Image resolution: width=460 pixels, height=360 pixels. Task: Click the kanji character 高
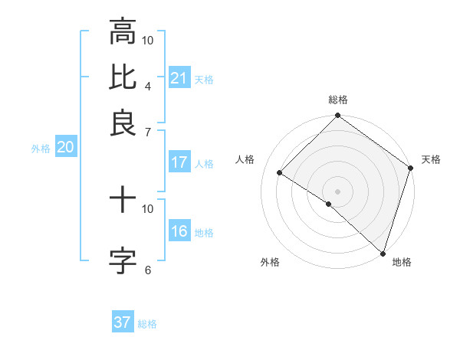pyautogui.click(x=123, y=33)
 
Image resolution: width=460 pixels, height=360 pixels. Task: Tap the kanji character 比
pyautogui.click(x=123, y=77)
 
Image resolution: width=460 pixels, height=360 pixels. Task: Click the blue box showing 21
pyautogui.click(x=179, y=78)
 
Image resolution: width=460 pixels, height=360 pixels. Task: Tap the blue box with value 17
pyautogui.click(x=179, y=162)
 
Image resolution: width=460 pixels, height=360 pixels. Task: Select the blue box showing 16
pyautogui.click(x=179, y=231)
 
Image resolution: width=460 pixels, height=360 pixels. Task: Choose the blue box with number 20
pyautogui.click(x=65, y=148)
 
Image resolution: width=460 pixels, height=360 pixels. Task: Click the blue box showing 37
pyautogui.click(x=123, y=322)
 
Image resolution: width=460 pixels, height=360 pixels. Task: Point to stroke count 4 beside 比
pyautogui.click(x=148, y=86)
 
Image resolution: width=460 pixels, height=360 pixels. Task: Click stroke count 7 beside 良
pyautogui.click(x=148, y=132)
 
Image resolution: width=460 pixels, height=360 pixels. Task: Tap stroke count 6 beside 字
pyautogui.click(x=148, y=270)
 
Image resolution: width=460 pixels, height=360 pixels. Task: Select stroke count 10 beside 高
pyautogui.click(x=148, y=40)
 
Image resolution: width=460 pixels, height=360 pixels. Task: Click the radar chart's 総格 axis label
pyautogui.click(x=338, y=100)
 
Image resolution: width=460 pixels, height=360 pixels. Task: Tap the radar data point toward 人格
pyautogui.click(x=280, y=173)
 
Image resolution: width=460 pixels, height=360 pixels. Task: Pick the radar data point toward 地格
pyautogui.click(x=383, y=253)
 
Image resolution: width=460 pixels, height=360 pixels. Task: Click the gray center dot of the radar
pyautogui.click(x=338, y=191)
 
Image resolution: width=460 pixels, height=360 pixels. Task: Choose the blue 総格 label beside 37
pyautogui.click(x=147, y=324)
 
